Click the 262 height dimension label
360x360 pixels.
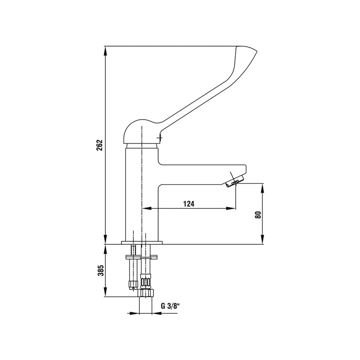(x=99, y=145)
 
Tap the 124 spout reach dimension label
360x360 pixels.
(x=189, y=204)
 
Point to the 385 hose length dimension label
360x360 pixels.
(x=101, y=271)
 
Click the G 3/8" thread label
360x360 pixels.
(x=170, y=306)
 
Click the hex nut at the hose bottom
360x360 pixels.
(x=146, y=293)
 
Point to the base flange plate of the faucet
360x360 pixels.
(x=141, y=242)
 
